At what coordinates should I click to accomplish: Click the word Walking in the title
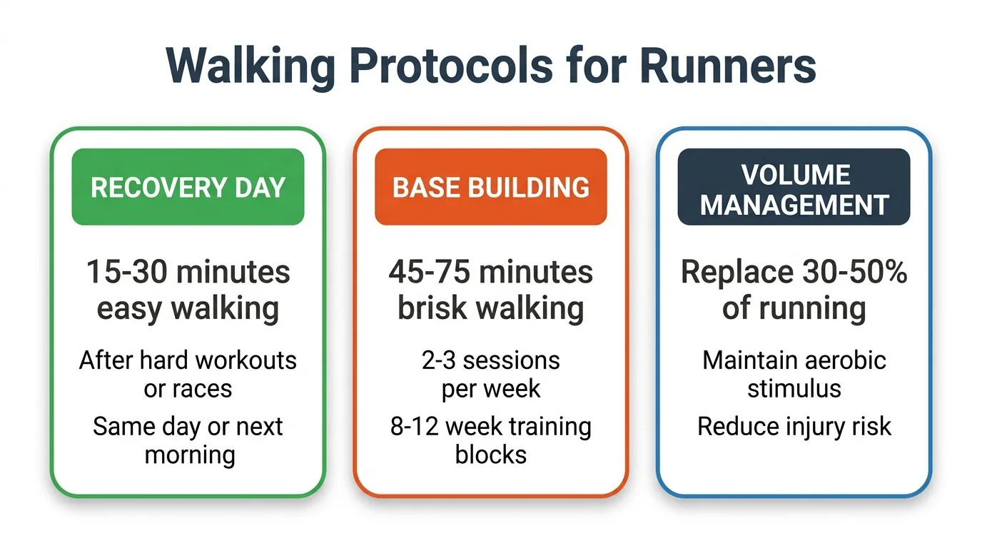[x=250, y=66]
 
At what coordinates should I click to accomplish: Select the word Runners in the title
[x=727, y=66]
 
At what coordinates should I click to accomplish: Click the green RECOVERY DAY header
[x=188, y=187]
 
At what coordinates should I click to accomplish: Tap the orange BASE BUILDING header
[x=491, y=187]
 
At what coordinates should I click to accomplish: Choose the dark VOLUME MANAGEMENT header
[x=794, y=189]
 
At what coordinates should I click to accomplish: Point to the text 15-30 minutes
[x=188, y=272]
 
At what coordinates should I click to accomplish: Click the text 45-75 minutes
[x=491, y=272]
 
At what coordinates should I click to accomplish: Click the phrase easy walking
[x=188, y=308]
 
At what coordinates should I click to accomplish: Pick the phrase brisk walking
[x=491, y=308]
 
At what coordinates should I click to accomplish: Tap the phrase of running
[x=794, y=308]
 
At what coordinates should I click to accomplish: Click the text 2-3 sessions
[x=491, y=360]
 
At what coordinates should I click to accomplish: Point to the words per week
[x=491, y=389]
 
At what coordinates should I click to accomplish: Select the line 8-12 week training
[x=491, y=427]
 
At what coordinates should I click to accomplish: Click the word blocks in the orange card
[x=491, y=455]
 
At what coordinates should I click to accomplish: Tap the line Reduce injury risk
[x=794, y=427]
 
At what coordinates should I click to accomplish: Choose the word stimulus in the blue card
[x=794, y=389]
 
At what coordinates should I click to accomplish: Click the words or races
[x=188, y=389]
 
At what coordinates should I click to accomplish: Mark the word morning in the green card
[x=189, y=455]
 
